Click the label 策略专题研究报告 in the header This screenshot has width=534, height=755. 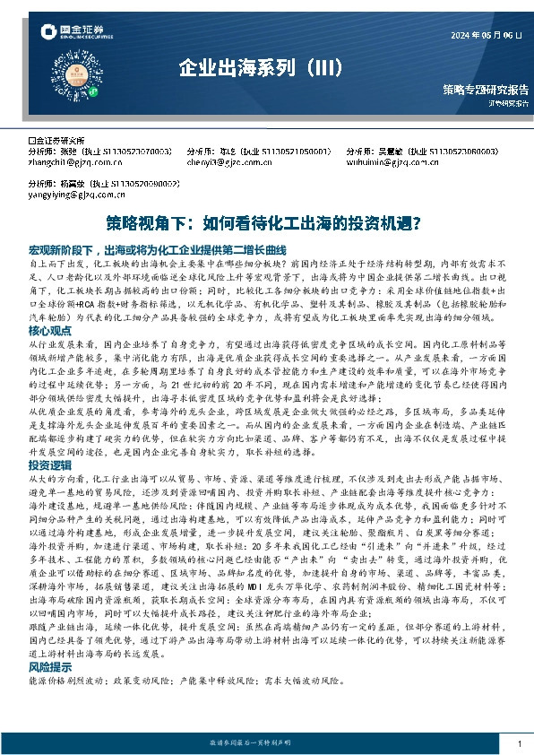pyautogui.click(x=485, y=90)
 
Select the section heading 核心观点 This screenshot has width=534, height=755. pyautogui.click(x=50, y=331)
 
